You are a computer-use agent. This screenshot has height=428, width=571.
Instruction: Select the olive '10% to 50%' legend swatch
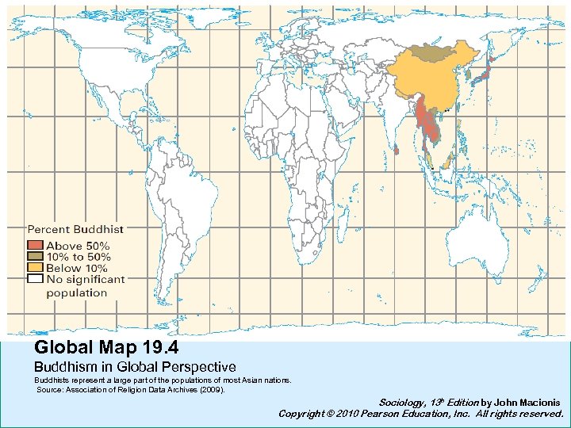35,257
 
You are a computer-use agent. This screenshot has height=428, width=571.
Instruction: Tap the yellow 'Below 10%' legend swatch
35,268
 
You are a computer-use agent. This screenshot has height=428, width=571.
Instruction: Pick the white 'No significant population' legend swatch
35,279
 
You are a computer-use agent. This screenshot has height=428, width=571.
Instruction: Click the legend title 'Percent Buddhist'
76,229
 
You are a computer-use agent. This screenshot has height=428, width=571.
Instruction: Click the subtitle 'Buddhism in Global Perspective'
135,367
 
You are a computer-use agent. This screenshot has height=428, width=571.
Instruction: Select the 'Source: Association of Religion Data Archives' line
131,390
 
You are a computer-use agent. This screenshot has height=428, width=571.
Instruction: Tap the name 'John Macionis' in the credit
527,403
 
